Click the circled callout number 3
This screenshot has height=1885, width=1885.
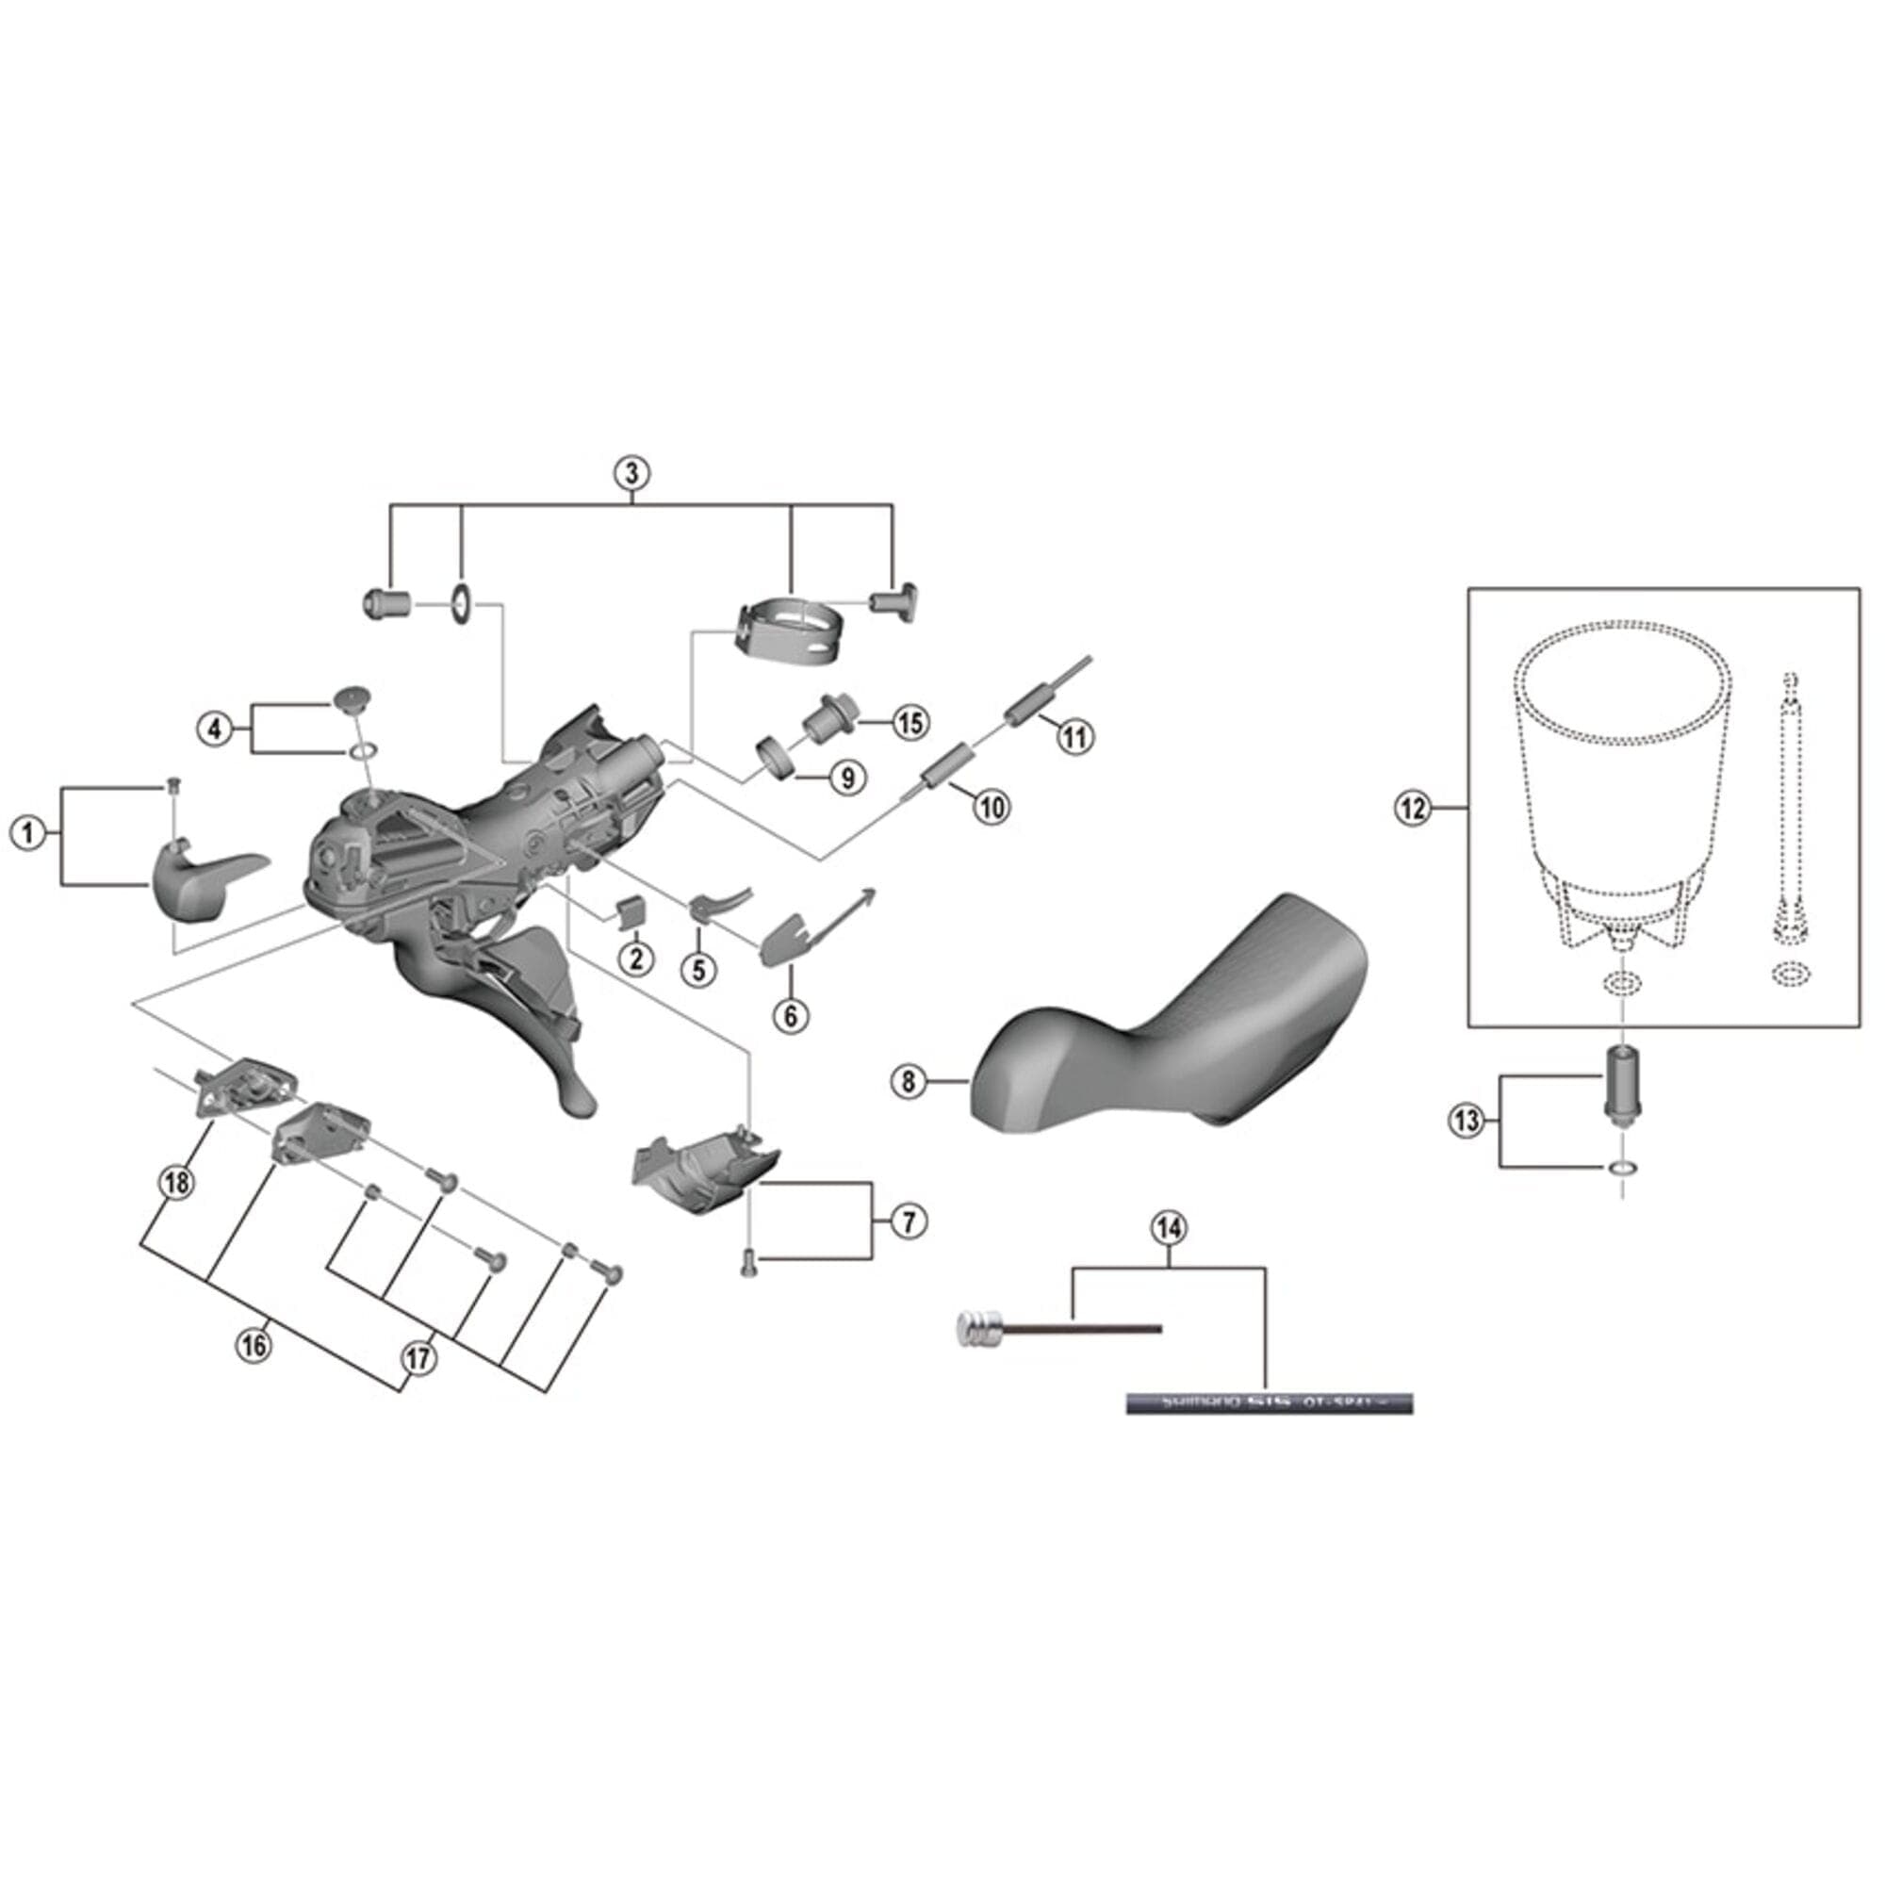point(632,473)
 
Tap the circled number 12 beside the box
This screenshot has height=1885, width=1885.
point(1413,808)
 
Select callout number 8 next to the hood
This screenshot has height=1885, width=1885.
point(909,1081)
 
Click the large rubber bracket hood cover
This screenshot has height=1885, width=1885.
point(1171,1024)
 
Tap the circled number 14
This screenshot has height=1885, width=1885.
point(1169,1228)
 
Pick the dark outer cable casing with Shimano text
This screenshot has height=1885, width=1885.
point(1269,1404)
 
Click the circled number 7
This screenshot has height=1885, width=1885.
point(909,1221)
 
